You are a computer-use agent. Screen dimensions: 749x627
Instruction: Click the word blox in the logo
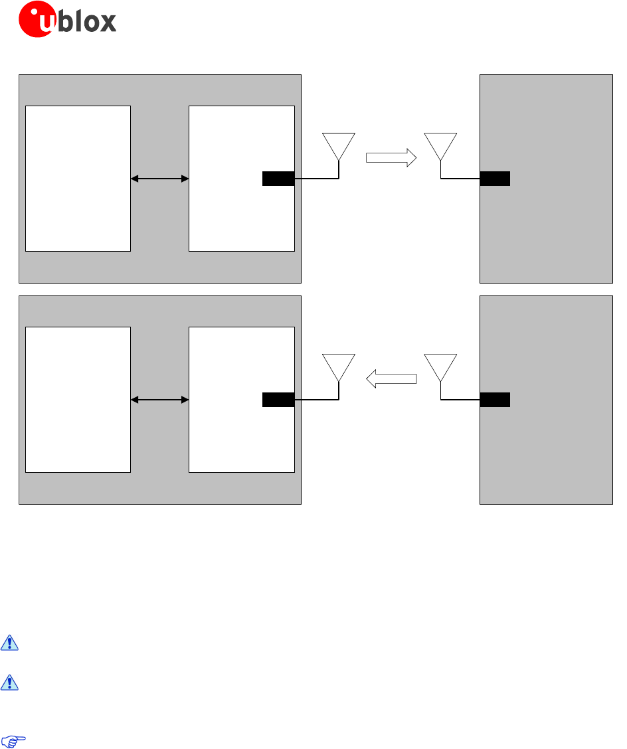coord(88,22)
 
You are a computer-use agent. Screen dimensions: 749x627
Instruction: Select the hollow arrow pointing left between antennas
coord(391,379)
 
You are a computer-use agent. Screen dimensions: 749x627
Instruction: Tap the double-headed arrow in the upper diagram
coord(160,179)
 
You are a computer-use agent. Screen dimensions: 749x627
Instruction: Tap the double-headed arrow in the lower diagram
coord(160,400)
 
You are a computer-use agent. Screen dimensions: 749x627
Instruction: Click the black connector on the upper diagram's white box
coord(278,179)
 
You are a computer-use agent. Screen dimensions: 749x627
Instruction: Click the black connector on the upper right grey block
coord(495,179)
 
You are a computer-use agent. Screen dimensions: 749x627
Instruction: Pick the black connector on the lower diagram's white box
coord(278,400)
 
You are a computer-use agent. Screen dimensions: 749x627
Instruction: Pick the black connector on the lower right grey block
coord(495,400)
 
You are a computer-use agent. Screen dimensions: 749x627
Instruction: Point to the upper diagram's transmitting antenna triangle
coord(339,144)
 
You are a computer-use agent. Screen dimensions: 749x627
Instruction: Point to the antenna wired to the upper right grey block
coord(440,144)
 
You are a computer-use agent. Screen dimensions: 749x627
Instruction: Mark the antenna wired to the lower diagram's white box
coord(339,365)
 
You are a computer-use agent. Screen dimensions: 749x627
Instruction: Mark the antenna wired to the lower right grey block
coord(440,365)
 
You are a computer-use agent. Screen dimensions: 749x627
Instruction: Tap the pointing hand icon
coord(13,741)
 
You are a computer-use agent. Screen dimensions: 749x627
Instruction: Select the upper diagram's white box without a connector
coord(78,178)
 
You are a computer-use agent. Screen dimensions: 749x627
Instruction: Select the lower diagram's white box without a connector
coord(78,399)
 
